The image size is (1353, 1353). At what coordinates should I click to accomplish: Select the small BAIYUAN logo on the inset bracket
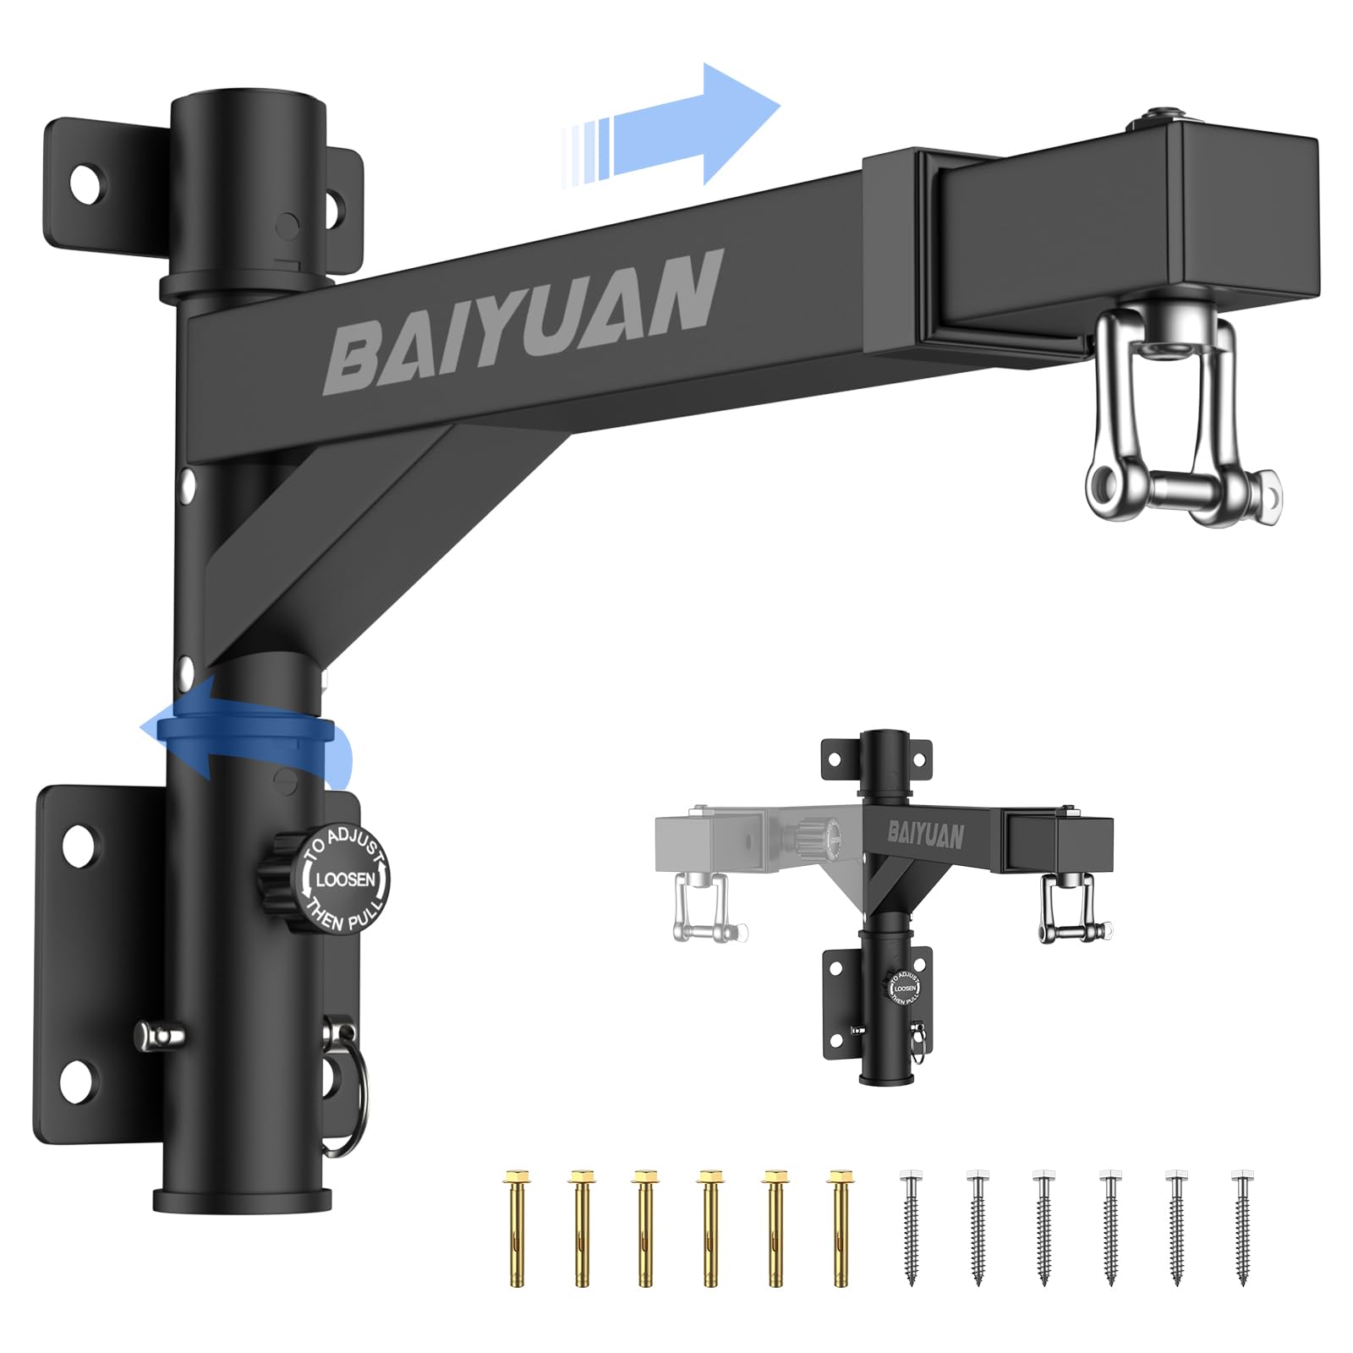(926, 835)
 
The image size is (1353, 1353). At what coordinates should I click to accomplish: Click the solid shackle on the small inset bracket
(1070, 909)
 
